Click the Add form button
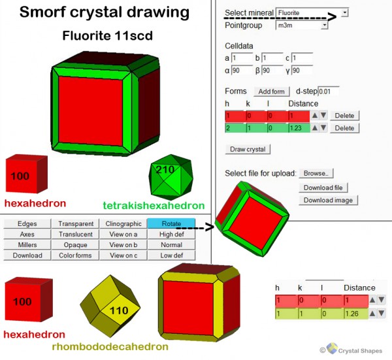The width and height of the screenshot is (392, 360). point(272,91)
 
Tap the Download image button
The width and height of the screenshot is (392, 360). point(328,200)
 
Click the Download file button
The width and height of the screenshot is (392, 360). point(323,188)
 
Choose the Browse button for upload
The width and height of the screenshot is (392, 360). point(316,173)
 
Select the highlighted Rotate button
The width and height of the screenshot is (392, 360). point(171,223)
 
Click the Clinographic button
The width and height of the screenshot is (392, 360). point(123,223)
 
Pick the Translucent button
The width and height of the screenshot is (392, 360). point(76,235)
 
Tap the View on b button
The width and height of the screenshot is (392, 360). point(123,245)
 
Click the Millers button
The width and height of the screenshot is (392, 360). point(27,245)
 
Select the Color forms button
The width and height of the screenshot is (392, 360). point(76,255)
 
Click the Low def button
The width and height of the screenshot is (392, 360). point(171,255)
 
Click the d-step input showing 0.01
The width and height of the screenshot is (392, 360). point(328,91)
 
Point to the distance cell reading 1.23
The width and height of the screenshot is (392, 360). point(299,128)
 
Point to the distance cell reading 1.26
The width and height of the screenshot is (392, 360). point(356,314)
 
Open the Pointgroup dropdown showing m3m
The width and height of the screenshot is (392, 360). point(302,25)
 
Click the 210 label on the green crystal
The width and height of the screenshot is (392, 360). point(165,170)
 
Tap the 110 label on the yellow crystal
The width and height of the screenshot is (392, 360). point(119,311)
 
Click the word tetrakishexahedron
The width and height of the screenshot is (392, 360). point(154,206)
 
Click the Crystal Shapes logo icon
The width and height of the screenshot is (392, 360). point(332,348)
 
